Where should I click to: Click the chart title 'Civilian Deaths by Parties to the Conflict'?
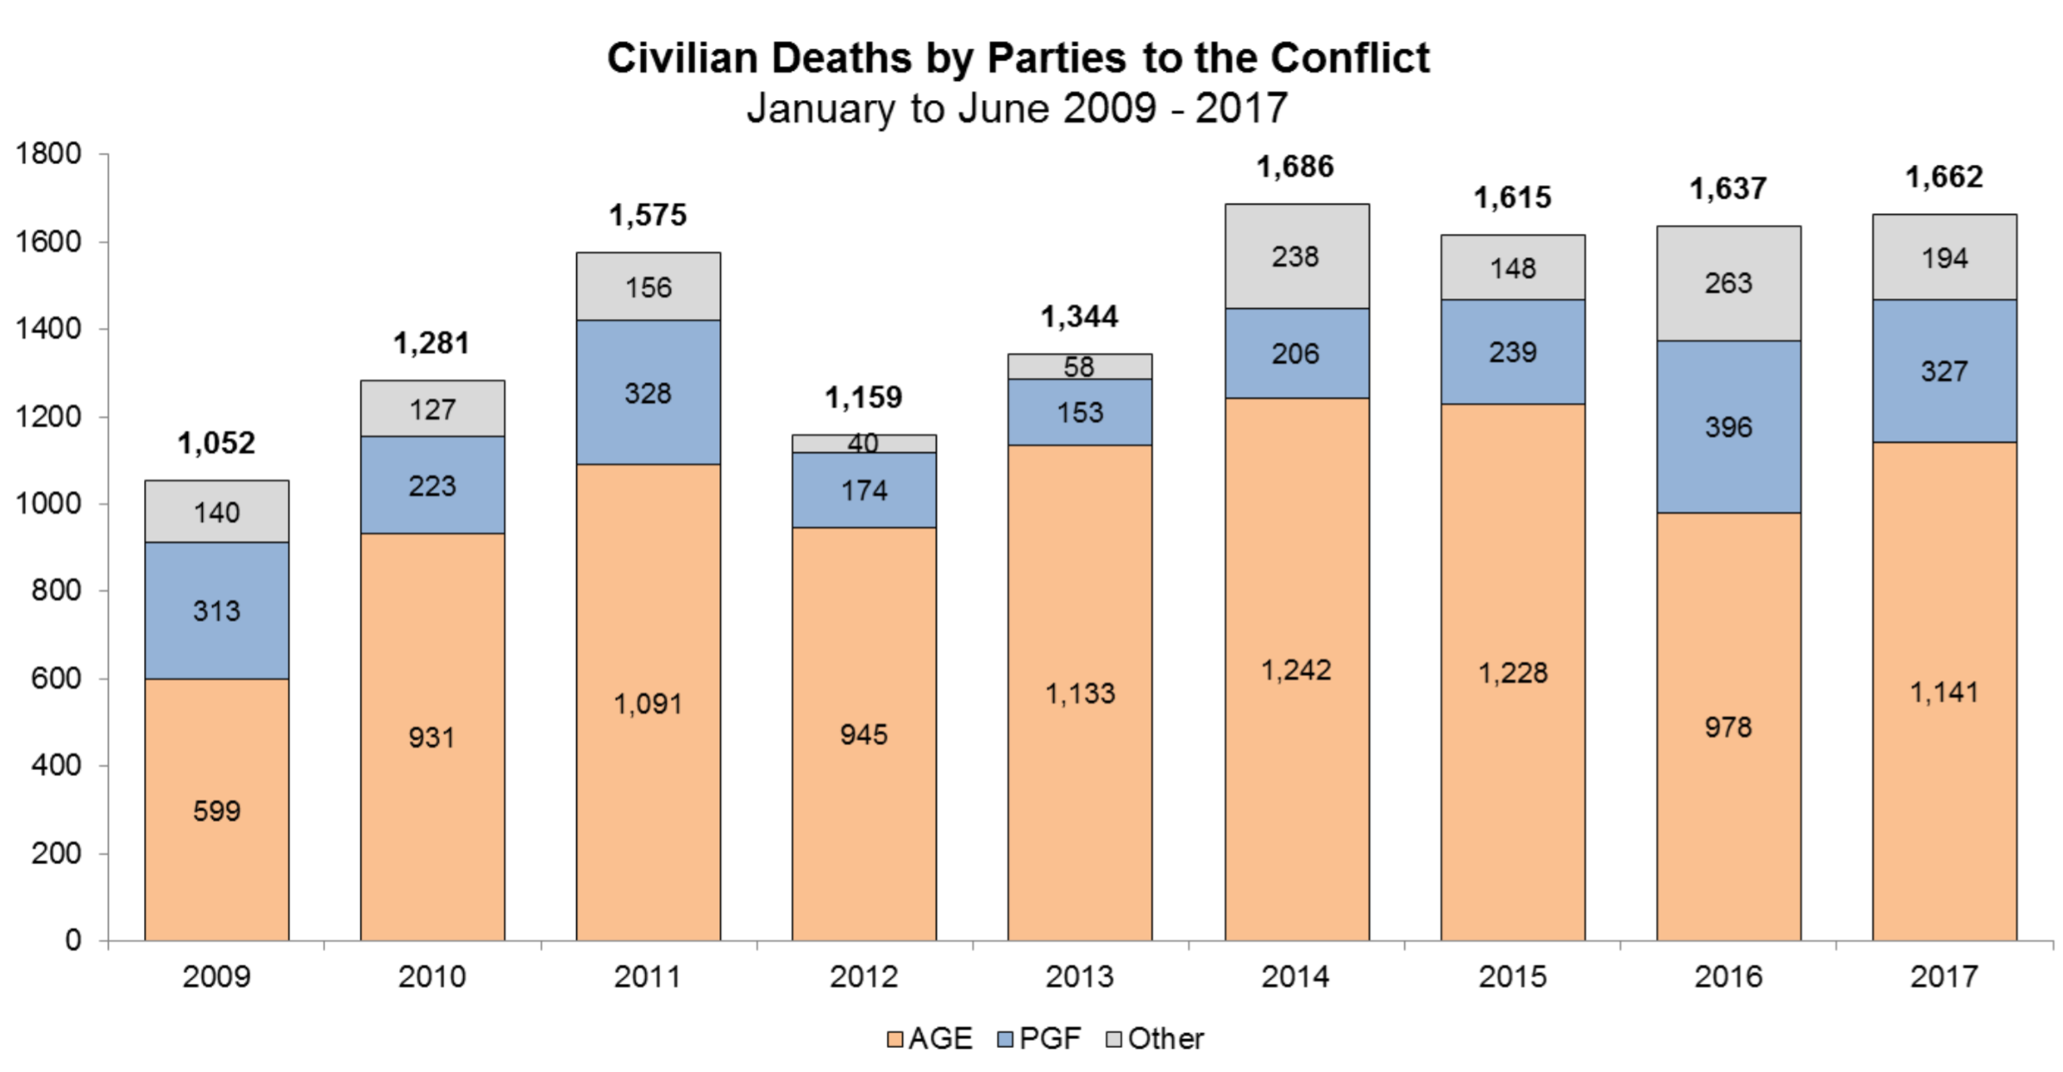coord(1018,59)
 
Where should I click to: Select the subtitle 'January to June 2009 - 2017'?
coord(1018,109)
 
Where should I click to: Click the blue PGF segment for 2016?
coord(1728,426)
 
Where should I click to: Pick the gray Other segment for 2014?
coord(1296,256)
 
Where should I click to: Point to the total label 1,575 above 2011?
coord(648,215)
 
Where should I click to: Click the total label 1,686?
coord(1295,166)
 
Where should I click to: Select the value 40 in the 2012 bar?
coord(863,443)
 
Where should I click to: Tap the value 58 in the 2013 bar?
coord(1079,367)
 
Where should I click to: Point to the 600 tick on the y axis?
coord(56,679)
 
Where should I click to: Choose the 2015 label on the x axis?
coord(1513,977)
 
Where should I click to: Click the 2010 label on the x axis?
coord(432,977)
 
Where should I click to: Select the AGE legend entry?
coord(931,1038)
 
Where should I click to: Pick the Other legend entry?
coord(1156,1038)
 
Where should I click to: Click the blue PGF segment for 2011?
coord(648,393)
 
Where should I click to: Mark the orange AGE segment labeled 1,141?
coord(1944,691)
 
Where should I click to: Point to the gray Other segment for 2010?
coord(432,409)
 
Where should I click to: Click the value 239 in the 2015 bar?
coord(1513,352)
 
